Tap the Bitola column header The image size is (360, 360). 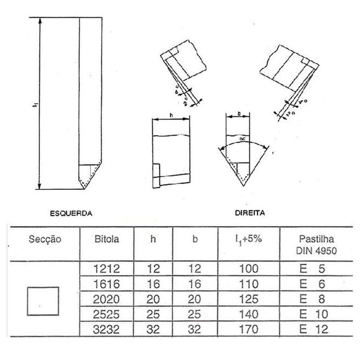point(108,239)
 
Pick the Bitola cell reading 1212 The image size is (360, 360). point(107,270)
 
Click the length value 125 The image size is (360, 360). point(249,299)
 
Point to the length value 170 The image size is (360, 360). point(249,328)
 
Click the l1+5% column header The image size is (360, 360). point(249,239)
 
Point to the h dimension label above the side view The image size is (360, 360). point(172,115)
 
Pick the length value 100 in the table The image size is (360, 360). point(249,270)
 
